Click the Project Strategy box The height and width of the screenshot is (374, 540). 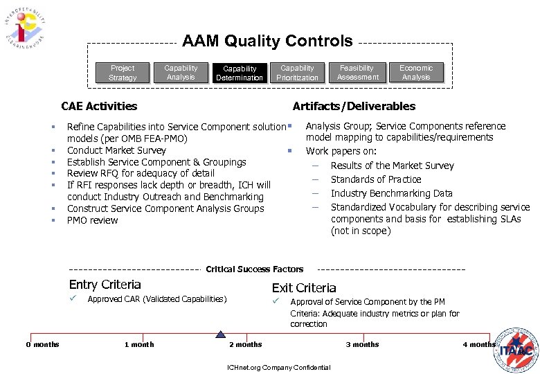123,73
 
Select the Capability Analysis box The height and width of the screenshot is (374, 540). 181,73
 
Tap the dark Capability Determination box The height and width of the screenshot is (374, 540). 240,73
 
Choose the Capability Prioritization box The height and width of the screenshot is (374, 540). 297,73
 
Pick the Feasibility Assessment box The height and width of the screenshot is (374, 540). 357,73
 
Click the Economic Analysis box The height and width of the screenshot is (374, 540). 416,73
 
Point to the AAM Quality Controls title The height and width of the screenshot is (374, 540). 267,42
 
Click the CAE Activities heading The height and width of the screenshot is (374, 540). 99,106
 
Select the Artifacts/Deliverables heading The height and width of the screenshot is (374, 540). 354,106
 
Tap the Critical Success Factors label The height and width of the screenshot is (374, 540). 254,269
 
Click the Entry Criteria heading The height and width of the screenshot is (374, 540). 105,285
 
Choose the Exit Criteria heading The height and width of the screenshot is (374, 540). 304,287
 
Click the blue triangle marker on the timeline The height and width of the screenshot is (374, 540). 220,333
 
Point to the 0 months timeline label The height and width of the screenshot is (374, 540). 43,344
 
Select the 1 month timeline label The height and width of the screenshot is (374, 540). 139,344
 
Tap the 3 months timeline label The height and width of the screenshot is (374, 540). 363,344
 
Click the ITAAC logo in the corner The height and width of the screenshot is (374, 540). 516,348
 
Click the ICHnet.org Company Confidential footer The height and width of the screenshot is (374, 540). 278,367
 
